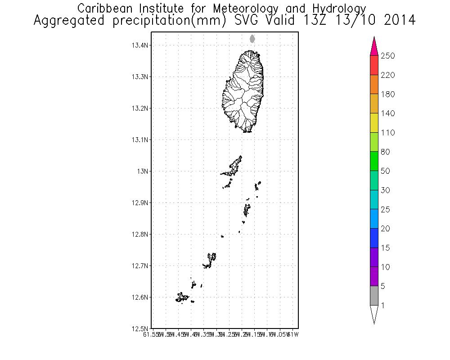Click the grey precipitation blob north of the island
[x=252, y=39]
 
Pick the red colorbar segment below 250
[x=374, y=65]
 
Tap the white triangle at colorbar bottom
[x=374, y=314]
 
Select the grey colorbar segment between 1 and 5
[x=374, y=296]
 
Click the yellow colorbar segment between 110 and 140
[x=374, y=123]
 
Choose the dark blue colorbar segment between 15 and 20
[x=374, y=238]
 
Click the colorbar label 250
[x=387, y=56]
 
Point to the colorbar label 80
[x=385, y=152]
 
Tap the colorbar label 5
[x=383, y=286]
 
